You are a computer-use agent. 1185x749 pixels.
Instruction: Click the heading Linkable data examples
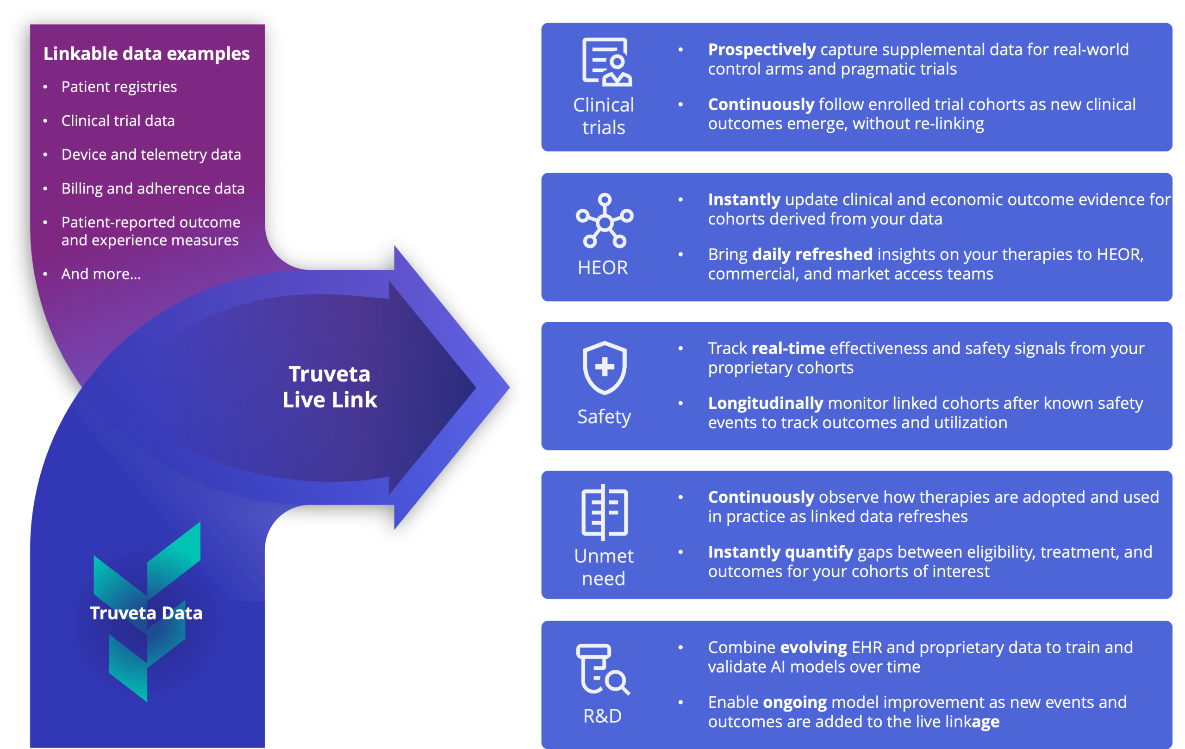(x=146, y=54)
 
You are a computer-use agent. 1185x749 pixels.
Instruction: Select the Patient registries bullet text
(x=118, y=87)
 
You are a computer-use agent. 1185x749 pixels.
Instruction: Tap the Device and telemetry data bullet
(x=151, y=155)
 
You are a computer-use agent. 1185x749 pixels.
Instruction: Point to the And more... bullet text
(x=101, y=274)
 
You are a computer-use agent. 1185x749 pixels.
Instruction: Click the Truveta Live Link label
(x=330, y=387)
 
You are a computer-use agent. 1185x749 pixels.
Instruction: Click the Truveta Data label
(x=146, y=613)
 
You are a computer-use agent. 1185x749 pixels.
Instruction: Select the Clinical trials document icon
(x=606, y=62)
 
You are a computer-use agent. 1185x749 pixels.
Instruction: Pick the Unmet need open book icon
(x=605, y=512)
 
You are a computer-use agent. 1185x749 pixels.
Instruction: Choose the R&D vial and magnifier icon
(x=602, y=669)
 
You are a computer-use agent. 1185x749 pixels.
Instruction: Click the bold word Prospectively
(x=761, y=50)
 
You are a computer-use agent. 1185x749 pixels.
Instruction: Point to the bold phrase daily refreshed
(x=812, y=255)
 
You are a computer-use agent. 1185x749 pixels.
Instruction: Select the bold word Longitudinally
(x=765, y=404)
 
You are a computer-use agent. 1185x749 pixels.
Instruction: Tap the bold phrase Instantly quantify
(x=780, y=552)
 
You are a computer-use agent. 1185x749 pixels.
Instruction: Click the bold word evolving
(x=813, y=648)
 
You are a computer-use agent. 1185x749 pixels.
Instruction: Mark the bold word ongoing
(x=794, y=702)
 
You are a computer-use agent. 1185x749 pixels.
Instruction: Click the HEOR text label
(x=603, y=268)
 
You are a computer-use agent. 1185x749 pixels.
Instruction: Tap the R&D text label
(x=602, y=716)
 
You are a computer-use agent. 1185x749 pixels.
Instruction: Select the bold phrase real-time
(x=788, y=349)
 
